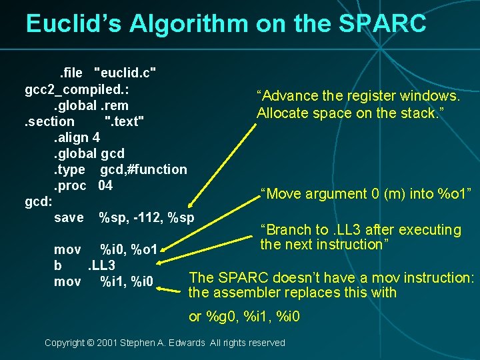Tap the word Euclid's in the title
pyautogui.click(x=73, y=23)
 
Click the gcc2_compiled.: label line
pyautogui.click(x=77, y=89)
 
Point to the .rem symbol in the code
pyautogui.click(x=114, y=105)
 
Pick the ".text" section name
pyautogui.click(x=124, y=121)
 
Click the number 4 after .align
pyautogui.click(x=97, y=137)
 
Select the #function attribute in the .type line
pyautogui.click(x=155, y=169)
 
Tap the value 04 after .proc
pyautogui.click(x=105, y=185)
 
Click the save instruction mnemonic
pyautogui.click(x=69, y=217)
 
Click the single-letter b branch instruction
pyautogui.click(x=58, y=266)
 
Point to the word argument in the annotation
pyautogui.click(x=331, y=194)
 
